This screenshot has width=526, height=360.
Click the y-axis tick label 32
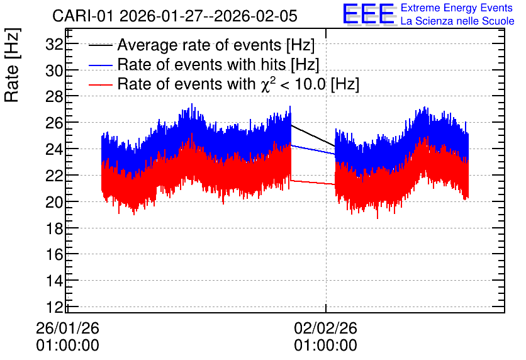[x=54, y=44]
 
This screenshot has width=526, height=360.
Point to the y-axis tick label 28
[x=54, y=97]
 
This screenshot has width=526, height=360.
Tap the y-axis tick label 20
[x=54, y=202]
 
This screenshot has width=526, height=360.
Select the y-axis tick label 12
[x=54, y=307]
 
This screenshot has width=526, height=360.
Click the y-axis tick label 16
[x=54, y=255]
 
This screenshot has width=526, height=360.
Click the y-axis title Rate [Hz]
[x=12, y=65]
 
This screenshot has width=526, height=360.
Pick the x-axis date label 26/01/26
[x=67, y=328]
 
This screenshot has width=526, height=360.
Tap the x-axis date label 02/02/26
[x=325, y=328]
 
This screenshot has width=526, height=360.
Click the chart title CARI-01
[x=83, y=16]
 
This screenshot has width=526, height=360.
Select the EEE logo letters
[x=369, y=14]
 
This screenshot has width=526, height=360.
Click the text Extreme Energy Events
[x=457, y=8]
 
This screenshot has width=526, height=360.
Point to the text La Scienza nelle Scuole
[x=457, y=21]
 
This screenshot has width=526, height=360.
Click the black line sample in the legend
[x=100, y=45]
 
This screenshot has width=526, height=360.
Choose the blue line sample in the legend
[x=100, y=65]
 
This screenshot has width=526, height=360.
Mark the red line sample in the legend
[x=100, y=84]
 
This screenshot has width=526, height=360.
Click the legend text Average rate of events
[x=199, y=45]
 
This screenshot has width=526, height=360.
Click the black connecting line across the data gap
[x=313, y=135]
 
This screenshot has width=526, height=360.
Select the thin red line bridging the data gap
[x=313, y=182]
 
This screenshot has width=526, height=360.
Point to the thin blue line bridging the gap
[x=313, y=150]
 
